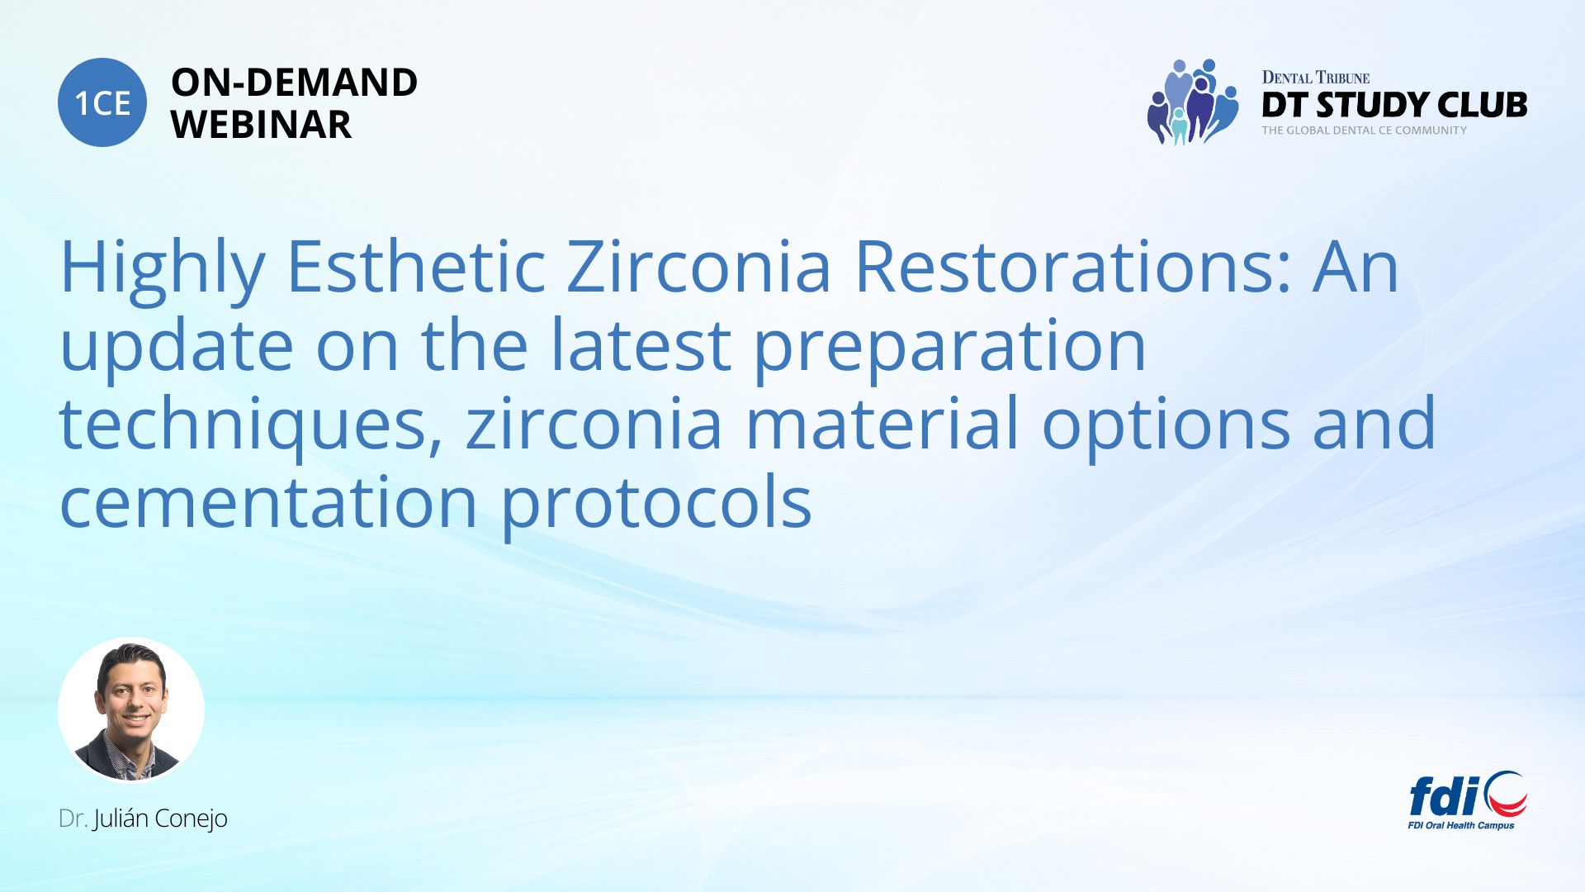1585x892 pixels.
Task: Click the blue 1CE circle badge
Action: pos(102,102)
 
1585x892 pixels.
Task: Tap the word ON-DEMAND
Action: pos(294,82)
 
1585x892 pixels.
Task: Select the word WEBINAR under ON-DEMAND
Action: pos(261,125)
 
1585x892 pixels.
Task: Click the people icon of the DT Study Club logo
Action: pos(1193,102)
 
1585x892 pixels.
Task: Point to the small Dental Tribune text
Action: pos(1315,78)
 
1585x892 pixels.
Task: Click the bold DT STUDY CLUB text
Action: pos(1394,105)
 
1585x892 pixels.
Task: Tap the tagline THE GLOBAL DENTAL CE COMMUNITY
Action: pos(1364,130)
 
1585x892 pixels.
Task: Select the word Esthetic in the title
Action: pos(415,266)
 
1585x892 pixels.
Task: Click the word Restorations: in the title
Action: pos(1072,266)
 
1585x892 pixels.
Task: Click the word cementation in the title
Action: pos(269,501)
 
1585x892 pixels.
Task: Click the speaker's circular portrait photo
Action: pos(131,709)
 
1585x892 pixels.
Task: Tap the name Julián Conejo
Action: pos(160,819)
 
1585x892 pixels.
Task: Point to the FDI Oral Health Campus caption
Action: pos(1461,825)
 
